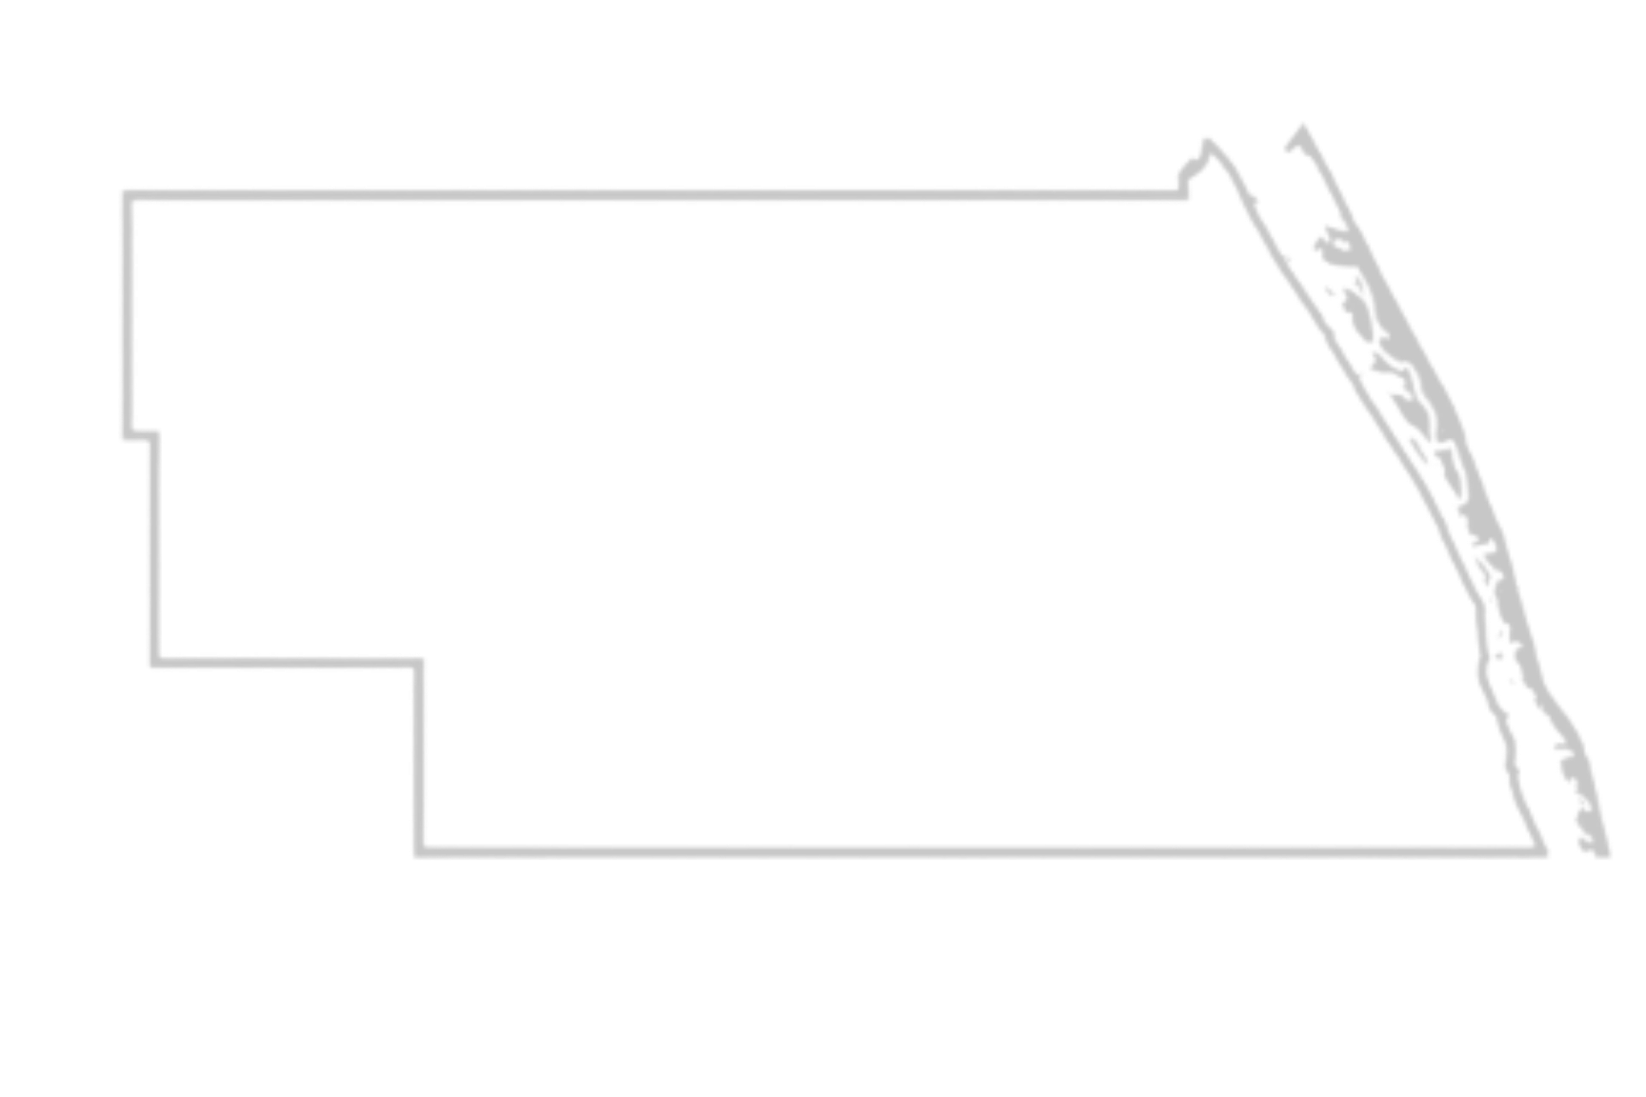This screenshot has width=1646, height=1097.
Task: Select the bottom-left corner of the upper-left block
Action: [x=153, y=663]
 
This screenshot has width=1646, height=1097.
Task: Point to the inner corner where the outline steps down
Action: [x=417, y=664]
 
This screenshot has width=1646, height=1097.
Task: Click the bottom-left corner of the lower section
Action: [x=420, y=849]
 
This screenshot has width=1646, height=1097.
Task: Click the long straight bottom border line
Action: [x=953, y=849]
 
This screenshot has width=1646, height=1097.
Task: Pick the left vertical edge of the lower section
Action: [x=419, y=762]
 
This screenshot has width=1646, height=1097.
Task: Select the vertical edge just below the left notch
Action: [x=153, y=543]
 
